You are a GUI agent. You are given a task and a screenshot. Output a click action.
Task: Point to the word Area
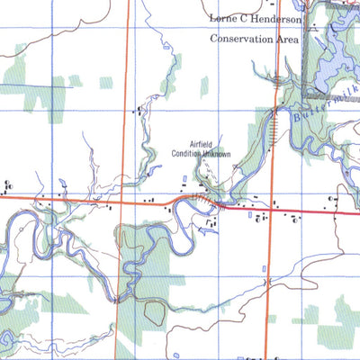tap(284, 39)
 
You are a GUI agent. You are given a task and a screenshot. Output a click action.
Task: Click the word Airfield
tap(204, 145)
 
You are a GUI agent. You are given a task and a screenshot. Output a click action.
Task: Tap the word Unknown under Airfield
tap(216, 155)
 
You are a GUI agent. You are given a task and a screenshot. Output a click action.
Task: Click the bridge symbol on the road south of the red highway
tap(267, 283)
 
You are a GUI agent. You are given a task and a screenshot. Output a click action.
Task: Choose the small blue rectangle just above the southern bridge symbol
tap(262, 267)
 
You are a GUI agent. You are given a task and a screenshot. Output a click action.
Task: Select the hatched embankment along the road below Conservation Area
tap(269, 135)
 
